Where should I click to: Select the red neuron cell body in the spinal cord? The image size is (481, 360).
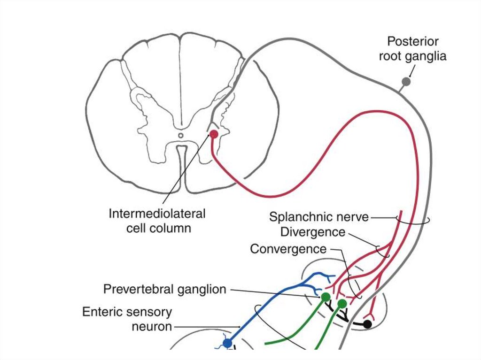pos(214,134)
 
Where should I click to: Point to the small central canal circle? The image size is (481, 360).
pos(181,136)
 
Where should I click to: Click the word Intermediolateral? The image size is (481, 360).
pos(157,214)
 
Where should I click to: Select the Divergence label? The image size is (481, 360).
pos(312,232)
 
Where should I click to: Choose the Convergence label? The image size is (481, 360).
pos(288,249)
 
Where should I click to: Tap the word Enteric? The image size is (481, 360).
pos(101,312)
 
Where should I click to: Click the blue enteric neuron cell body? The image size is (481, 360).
pos(227,344)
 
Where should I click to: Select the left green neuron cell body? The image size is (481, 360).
pos(325,297)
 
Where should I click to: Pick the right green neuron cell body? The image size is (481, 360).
pos(342,304)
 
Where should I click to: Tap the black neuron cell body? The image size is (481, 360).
pos(367,324)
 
